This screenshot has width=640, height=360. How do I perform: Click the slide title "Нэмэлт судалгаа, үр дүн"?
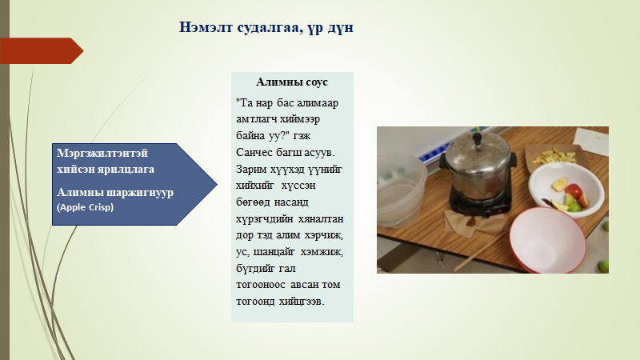[266, 28]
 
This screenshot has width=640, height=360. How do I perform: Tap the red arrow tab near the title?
[42, 51]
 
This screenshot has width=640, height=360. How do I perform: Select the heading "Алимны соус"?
[292, 82]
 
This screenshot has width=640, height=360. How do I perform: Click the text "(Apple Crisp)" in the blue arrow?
[86, 207]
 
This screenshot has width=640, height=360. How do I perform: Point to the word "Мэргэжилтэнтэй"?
[102, 154]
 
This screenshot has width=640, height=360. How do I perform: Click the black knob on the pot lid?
[477, 138]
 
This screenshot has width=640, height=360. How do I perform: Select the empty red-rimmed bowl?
[548, 239]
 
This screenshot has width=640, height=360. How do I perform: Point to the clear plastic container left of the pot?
[401, 189]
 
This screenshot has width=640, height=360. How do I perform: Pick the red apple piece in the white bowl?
[574, 190]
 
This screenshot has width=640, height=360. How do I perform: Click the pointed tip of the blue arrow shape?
[217, 185]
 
